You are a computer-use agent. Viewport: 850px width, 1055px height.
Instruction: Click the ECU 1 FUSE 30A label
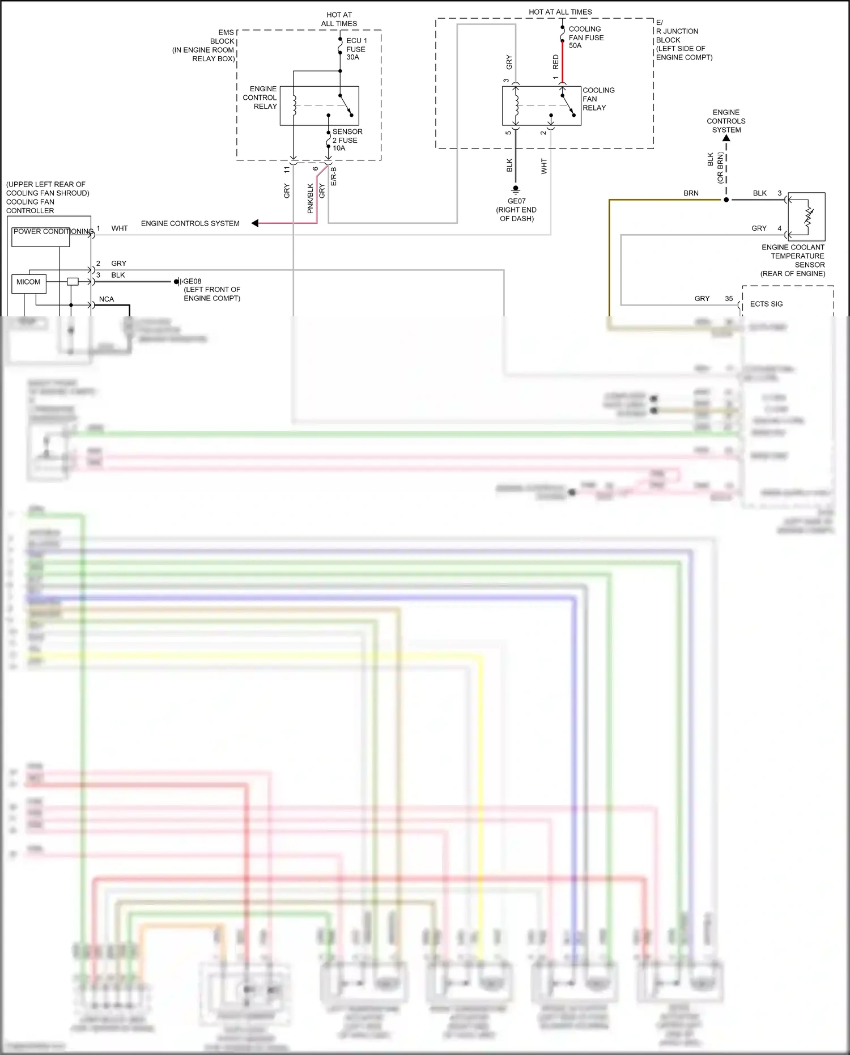point(356,49)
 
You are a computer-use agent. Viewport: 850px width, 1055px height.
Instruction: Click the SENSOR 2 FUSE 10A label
point(347,139)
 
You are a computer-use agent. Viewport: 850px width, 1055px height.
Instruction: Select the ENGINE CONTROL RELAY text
point(260,98)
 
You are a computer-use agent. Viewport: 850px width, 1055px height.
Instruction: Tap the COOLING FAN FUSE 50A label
point(586,37)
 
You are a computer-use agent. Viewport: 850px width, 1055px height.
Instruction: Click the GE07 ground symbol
point(516,189)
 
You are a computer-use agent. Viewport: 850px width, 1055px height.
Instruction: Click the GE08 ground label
point(192,281)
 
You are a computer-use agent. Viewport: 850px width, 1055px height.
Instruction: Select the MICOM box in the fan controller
point(28,282)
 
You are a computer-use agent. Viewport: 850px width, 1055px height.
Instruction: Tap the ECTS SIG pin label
point(766,304)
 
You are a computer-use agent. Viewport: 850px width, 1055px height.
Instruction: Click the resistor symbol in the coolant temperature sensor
point(809,217)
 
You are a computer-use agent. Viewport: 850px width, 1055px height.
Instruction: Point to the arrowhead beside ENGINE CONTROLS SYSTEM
point(255,223)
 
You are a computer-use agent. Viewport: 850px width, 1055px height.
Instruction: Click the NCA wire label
point(107,299)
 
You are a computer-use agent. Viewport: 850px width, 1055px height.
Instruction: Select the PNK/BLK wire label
point(310,198)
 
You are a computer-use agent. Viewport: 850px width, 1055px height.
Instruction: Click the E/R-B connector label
point(334,176)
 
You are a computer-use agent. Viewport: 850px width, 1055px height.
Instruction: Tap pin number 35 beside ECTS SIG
point(729,299)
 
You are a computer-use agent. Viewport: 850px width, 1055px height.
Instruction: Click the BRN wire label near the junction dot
point(691,193)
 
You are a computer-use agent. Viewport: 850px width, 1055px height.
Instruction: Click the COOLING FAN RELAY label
point(598,99)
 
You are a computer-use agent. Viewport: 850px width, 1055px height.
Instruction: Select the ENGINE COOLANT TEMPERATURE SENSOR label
point(793,260)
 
